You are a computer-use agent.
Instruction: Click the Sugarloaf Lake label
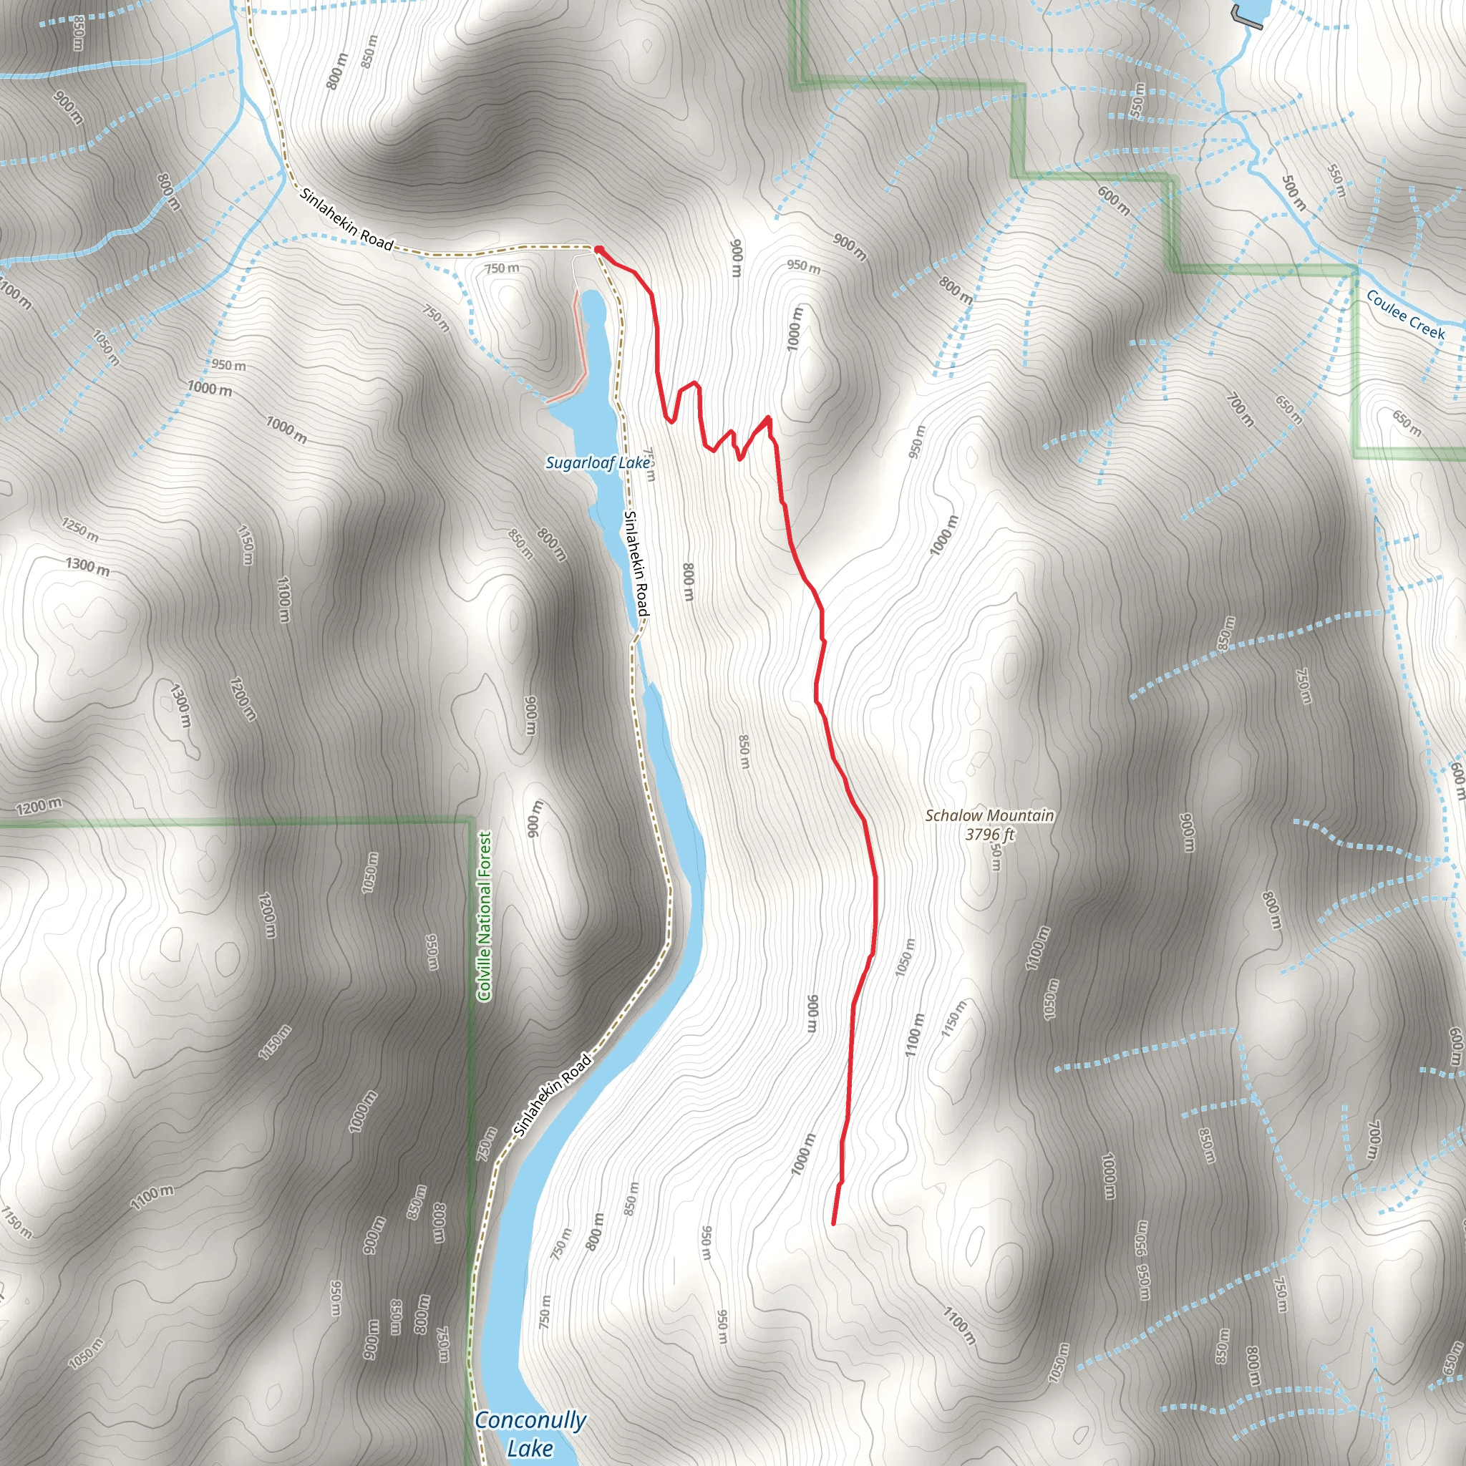(597, 462)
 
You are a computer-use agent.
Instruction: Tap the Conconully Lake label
(530, 1433)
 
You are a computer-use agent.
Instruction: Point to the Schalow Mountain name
(989, 816)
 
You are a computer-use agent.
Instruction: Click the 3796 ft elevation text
(989, 835)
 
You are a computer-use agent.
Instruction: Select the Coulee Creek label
(1405, 315)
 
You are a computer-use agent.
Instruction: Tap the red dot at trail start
(598, 250)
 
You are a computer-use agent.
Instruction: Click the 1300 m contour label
(87, 565)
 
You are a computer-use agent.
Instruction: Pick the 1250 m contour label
(80, 529)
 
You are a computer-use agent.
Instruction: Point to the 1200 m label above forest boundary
(39, 807)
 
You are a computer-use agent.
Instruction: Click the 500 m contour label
(1293, 193)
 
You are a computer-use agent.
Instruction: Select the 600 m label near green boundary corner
(1114, 200)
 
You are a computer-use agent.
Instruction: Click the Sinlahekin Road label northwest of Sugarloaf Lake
(346, 219)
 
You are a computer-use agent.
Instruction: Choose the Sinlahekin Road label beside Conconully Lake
(553, 1095)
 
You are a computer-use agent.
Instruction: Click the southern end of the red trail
(834, 1223)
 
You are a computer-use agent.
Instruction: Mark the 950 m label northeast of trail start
(804, 266)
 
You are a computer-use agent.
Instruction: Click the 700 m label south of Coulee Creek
(1240, 409)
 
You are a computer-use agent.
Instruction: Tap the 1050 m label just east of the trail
(905, 958)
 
